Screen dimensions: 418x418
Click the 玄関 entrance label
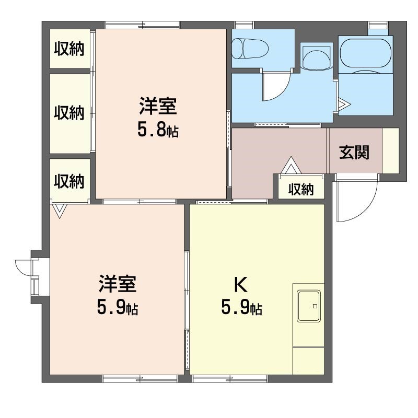pyautogui.click(x=354, y=153)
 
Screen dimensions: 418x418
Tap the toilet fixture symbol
pyautogui.click(x=250, y=49)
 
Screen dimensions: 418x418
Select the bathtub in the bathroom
pyautogui.click(x=366, y=53)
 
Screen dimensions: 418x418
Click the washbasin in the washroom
pyautogui.click(x=317, y=58)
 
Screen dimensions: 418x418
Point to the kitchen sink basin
pyautogui.click(x=309, y=306)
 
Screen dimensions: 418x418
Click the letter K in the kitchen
pyautogui.click(x=241, y=285)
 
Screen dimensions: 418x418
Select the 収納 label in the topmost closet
pyautogui.click(x=69, y=49)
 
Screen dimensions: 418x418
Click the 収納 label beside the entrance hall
pyautogui.click(x=301, y=189)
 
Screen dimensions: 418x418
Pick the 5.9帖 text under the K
pyautogui.click(x=241, y=307)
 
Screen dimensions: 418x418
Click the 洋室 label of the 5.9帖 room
pyautogui.click(x=118, y=284)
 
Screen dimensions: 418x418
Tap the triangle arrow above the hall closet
pyautogui.click(x=291, y=165)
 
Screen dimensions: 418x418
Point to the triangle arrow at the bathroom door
pyautogui.click(x=344, y=104)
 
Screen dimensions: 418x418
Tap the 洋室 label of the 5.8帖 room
pyautogui.click(x=158, y=107)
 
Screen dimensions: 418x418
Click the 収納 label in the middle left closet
pyautogui.click(x=69, y=112)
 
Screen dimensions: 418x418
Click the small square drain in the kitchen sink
pyautogui.click(x=315, y=306)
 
